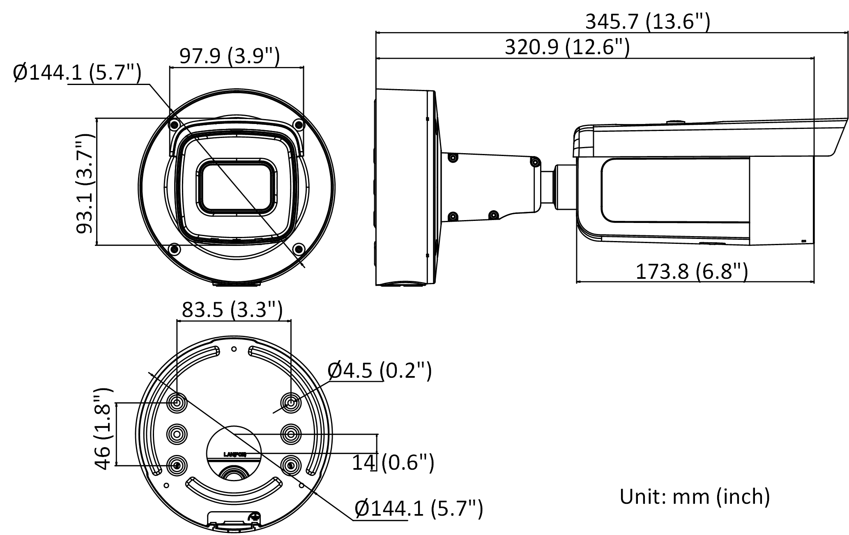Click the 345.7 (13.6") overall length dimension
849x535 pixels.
(x=647, y=21)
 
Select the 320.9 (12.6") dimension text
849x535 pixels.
(x=567, y=47)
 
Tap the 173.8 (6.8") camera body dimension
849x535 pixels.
(x=692, y=271)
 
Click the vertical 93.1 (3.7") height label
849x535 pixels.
(x=85, y=184)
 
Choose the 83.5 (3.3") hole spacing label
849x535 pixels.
(x=232, y=310)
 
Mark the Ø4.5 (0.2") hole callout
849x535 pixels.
(x=379, y=370)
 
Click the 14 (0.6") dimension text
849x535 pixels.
(x=393, y=463)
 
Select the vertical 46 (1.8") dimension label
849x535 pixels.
(x=103, y=428)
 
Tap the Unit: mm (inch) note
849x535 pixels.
(x=695, y=496)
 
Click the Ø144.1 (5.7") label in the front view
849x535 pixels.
(x=77, y=73)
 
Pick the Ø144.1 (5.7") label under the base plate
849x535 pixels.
(x=418, y=509)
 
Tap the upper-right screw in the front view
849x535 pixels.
(x=299, y=124)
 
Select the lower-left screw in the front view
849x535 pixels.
(x=175, y=248)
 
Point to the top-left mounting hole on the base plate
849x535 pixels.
(x=177, y=403)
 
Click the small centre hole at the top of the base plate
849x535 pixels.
(x=234, y=349)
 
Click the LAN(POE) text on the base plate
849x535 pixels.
(x=235, y=455)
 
